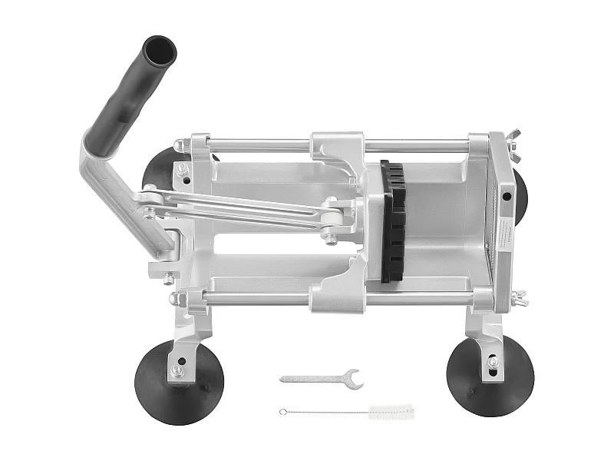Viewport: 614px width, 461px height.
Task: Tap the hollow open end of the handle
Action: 160,50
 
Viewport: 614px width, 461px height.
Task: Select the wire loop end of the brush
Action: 283,412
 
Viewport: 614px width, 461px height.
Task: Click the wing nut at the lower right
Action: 520,296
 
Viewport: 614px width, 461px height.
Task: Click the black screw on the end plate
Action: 507,195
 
